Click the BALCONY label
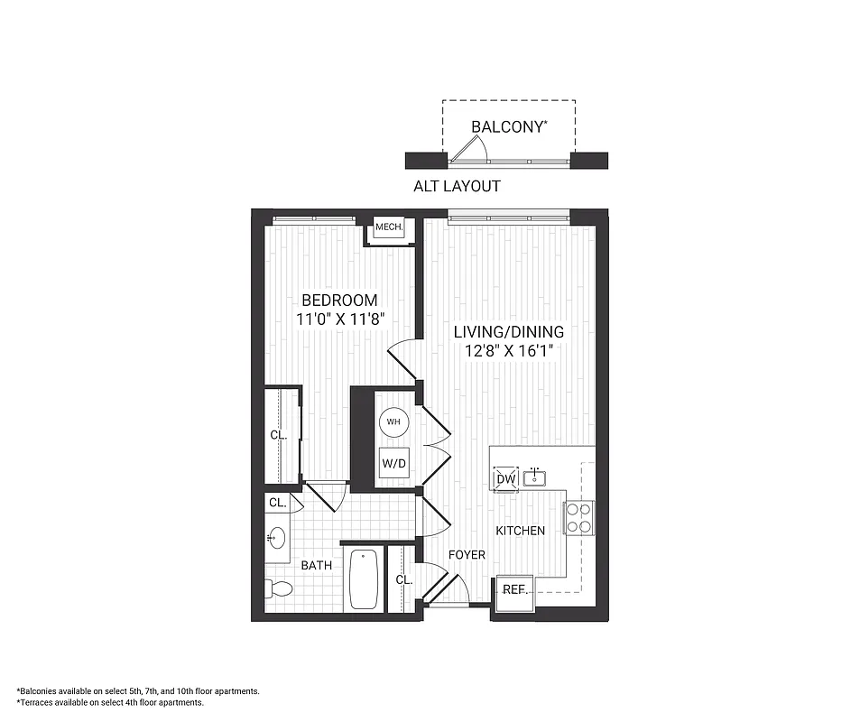(509, 127)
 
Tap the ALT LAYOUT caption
(457, 187)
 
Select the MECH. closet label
(389, 227)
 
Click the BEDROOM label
(339, 301)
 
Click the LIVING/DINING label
(507, 331)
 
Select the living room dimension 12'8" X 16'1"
(507, 352)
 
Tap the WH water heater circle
(393, 421)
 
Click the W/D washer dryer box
(393, 463)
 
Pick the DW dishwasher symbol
(505, 478)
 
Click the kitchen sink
(536, 476)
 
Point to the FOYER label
(467, 555)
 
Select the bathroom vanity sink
(276, 539)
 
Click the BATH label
(316, 566)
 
